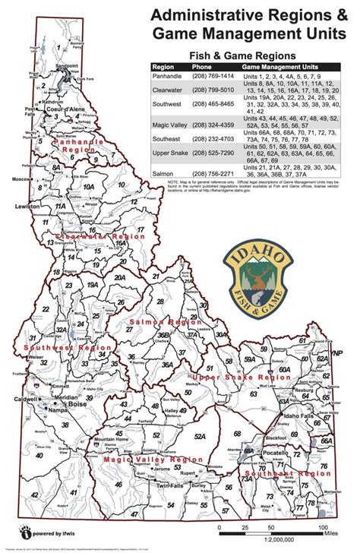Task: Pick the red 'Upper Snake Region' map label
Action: tap(236, 377)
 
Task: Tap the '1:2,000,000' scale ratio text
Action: tap(270, 539)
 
